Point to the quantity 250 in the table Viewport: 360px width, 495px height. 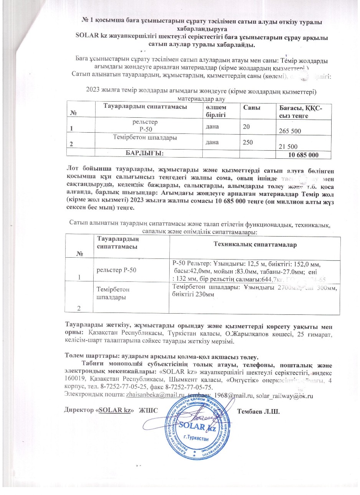[x=247, y=141]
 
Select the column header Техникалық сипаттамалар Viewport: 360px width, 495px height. [x=254, y=244]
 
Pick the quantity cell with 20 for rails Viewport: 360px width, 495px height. [x=246, y=126]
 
